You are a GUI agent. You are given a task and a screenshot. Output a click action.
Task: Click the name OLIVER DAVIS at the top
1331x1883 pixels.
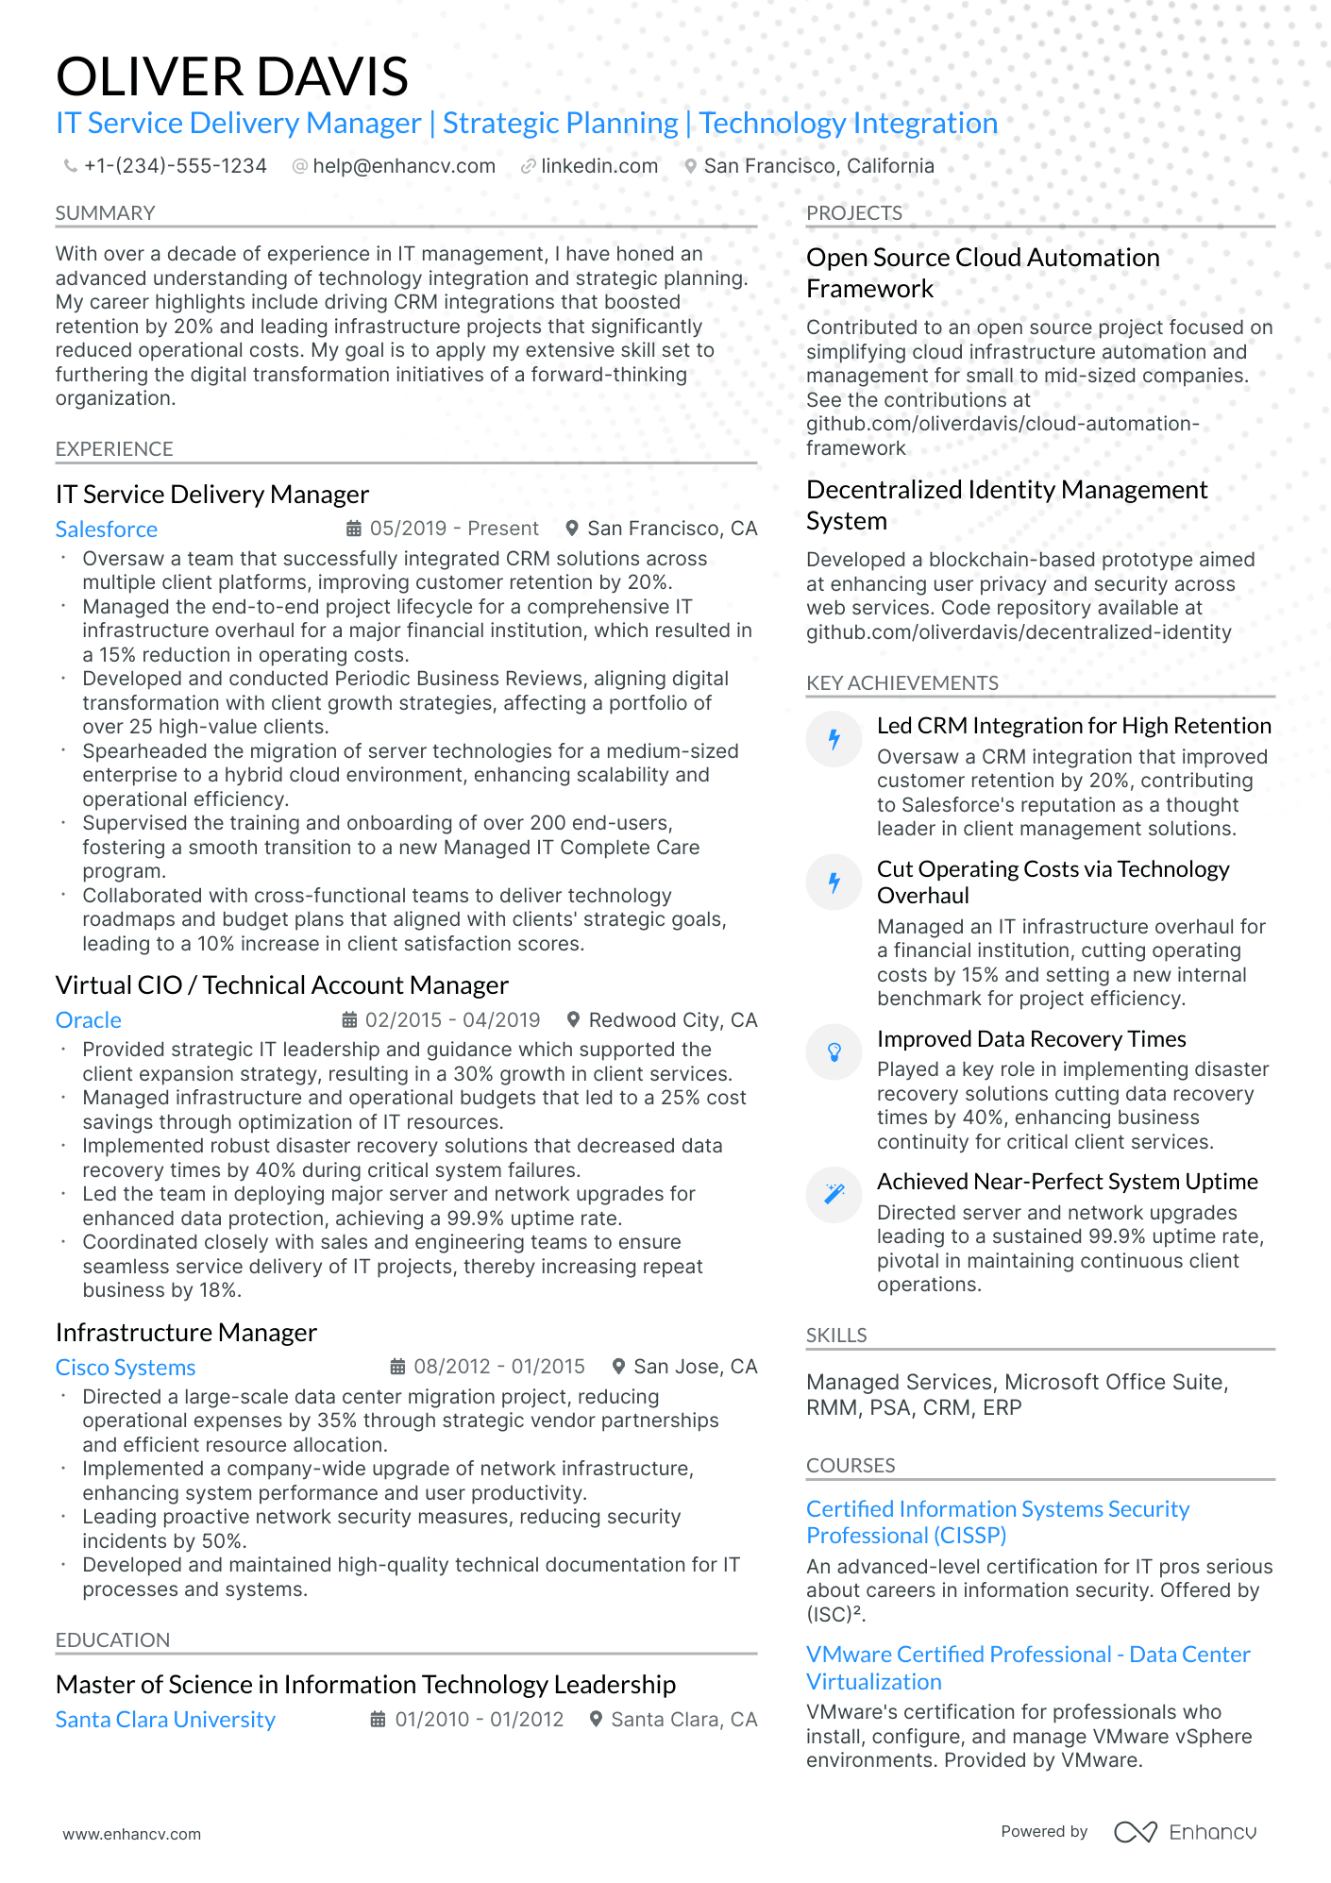click(231, 77)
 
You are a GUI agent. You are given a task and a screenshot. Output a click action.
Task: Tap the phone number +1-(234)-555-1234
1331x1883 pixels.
click(175, 166)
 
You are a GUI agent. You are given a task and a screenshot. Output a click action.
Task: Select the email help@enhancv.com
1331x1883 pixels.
click(403, 166)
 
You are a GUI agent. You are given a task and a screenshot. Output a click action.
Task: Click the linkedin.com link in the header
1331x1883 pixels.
click(598, 166)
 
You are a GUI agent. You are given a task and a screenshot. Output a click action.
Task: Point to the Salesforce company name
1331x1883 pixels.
click(106, 530)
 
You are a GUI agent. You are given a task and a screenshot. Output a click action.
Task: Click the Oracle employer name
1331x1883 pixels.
click(88, 1020)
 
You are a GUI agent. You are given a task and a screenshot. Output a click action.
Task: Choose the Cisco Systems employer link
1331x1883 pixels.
click(125, 1368)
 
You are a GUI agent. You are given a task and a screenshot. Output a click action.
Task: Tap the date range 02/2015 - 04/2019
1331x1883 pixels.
click(452, 1020)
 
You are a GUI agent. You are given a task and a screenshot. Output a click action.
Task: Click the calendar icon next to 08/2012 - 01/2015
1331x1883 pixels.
click(397, 1367)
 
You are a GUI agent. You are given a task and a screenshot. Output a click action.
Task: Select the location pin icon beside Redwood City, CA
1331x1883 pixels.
click(572, 1020)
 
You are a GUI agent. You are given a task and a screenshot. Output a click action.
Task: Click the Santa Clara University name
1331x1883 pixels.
click(165, 1720)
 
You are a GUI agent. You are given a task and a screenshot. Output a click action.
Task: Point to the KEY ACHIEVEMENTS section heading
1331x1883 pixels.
click(901, 683)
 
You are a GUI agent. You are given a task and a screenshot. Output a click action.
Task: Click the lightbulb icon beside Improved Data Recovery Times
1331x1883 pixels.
click(834, 1052)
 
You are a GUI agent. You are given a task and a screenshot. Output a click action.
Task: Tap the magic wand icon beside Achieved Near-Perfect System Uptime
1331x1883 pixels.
click(834, 1195)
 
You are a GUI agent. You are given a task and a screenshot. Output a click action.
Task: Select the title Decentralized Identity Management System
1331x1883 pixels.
click(1005, 505)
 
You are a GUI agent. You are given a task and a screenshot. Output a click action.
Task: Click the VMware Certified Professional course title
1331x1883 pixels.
click(1027, 1668)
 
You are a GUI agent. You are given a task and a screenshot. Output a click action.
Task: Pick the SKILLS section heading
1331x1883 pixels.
click(835, 1336)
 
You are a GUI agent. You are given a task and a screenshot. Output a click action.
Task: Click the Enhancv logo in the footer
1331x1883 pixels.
click(1185, 1832)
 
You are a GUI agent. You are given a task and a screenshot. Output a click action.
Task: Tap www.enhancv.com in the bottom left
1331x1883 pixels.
click(131, 1834)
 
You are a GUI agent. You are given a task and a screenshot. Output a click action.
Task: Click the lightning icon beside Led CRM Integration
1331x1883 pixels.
click(834, 739)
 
